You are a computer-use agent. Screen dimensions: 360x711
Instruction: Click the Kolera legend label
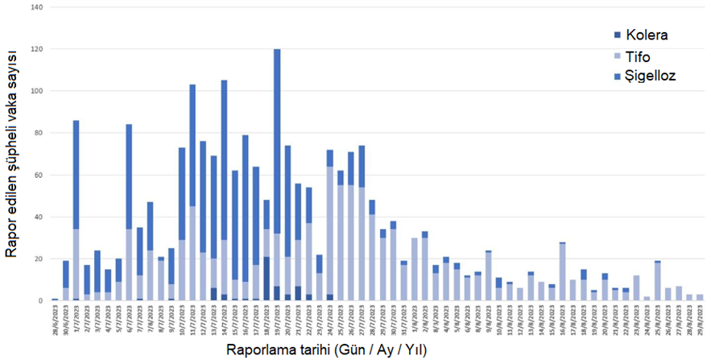(645, 35)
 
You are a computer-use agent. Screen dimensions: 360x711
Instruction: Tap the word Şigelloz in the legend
(647, 75)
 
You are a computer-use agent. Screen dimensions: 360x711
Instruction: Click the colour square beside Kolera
(617, 35)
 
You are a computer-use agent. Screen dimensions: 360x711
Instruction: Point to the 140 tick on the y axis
(37, 7)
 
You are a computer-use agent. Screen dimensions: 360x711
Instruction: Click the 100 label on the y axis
(37, 91)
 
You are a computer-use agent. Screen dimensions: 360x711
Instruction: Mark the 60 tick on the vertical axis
(39, 175)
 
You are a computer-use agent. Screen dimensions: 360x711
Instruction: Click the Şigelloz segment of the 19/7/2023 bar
(277, 141)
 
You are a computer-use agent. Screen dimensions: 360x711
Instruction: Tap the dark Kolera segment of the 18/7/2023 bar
(267, 278)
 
